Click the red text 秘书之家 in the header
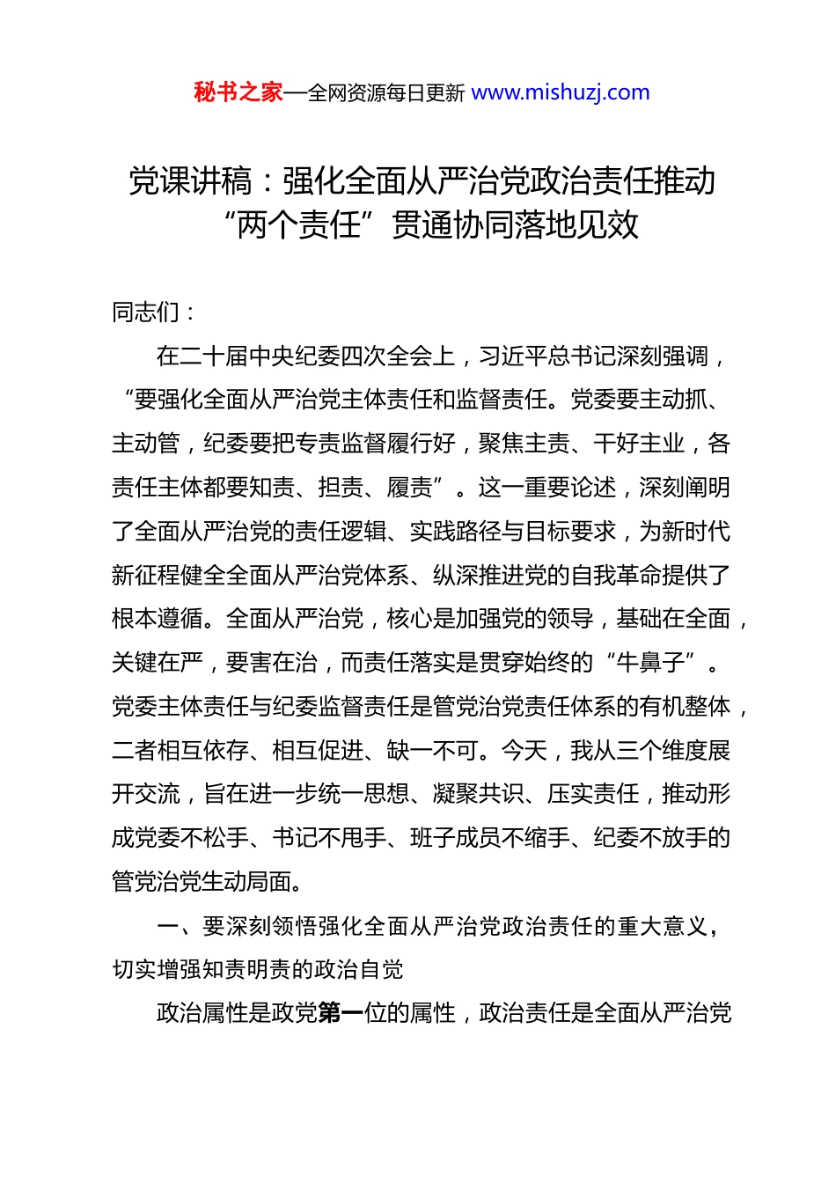pyautogui.click(x=238, y=92)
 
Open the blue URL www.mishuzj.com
pyautogui.click(x=561, y=92)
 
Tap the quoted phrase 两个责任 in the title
pyautogui.click(x=299, y=225)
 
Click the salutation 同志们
pyautogui.click(x=146, y=312)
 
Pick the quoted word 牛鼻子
pyautogui.click(x=652, y=663)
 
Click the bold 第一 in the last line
pyautogui.click(x=341, y=1013)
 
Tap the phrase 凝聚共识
pyautogui.click(x=479, y=794)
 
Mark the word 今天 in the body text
pyautogui.click(x=524, y=751)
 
